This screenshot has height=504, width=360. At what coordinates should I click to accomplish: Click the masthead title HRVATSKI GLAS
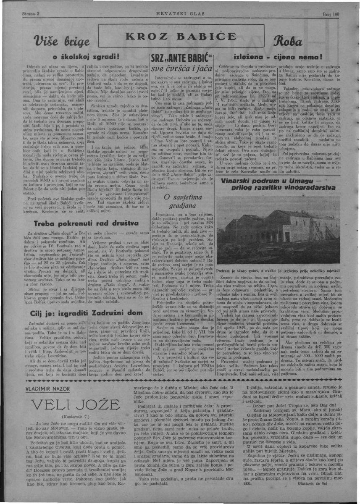(179, 14)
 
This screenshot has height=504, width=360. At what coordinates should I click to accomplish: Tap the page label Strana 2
(30, 14)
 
